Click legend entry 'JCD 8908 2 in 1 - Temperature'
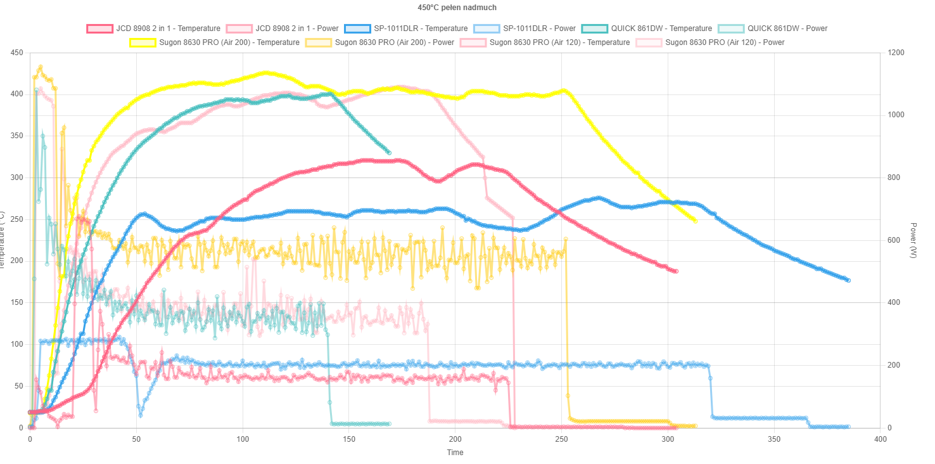pyautogui.click(x=168, y=29)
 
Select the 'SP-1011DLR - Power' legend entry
pyautogui.click(x=538, y=29)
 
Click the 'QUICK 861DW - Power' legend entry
pyautogui.click(x=787, y=29)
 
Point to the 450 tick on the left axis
pyautogui.click(x=18, y=53)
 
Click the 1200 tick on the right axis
pyautogui.click(x=893, y=53)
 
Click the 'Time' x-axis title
pyautogui.click(x=455, y=453)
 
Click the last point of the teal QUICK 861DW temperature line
pyautogui.click(x=388, y=153)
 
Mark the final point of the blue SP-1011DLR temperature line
pyautogui.click(x=848, y=280)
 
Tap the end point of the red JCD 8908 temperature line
pyautogui.click(x=676, y=271)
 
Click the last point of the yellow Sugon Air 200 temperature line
pyautogui.click(x=695, y=221)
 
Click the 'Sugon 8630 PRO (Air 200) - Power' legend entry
pyautogui.click(x=394, y=42)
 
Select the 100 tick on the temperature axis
pyautogui.click(x=18, y=344)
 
